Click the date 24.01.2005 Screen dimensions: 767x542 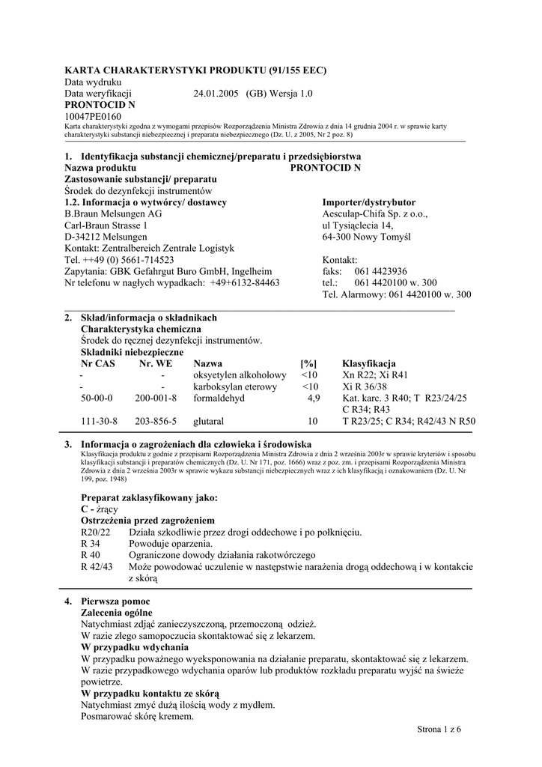[x=216, y=94]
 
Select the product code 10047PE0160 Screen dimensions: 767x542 [x=93, y=117]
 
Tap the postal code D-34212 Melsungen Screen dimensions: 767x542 [x=106, y=236]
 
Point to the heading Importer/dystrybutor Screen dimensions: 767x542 [x=368, y=202]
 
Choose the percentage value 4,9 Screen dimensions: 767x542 [x=313, y=398]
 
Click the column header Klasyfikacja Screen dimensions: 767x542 [x=369, y=363]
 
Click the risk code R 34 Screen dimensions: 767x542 [x=90, y=543]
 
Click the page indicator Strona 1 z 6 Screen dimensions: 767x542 [x=439, y=730]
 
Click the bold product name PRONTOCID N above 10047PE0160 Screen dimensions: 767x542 [x=100, y=105]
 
